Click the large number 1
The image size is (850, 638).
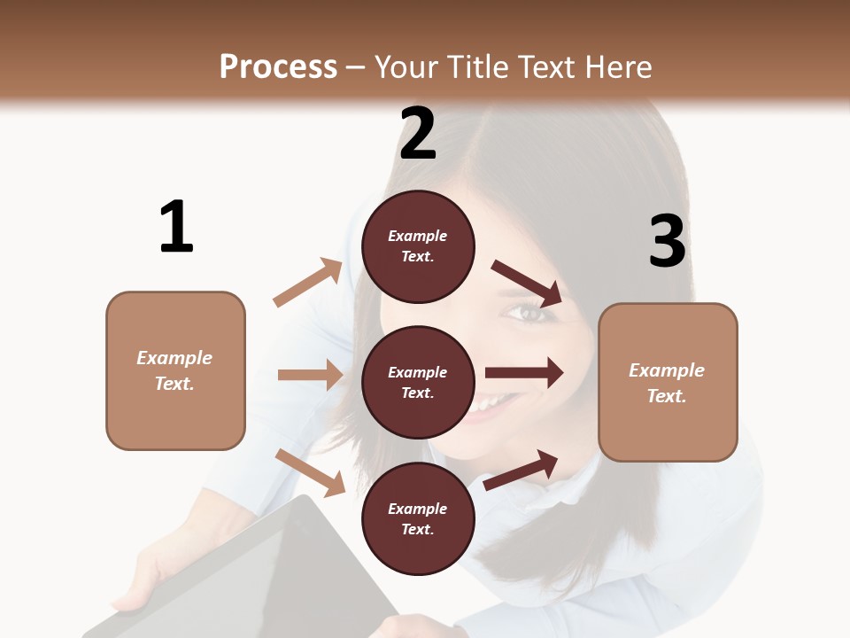tap(176, 227)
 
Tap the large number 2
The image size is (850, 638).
tap(418, 134)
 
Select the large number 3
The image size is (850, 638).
tap(667, 241)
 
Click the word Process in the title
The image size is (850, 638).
tap(278, 66)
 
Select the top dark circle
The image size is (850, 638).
tap(418, 246)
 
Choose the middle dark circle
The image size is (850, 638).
tap(418, 382)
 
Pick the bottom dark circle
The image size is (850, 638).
tap(418, 518)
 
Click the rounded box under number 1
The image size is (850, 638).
tap(175, 370)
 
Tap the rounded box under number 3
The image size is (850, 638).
tap(668, 382)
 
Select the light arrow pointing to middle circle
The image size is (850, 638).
tap(310, 375)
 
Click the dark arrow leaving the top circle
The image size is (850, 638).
tap(527, 284)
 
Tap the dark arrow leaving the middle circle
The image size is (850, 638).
tap(523, 373)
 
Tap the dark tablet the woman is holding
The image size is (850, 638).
tap(266, 567)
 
